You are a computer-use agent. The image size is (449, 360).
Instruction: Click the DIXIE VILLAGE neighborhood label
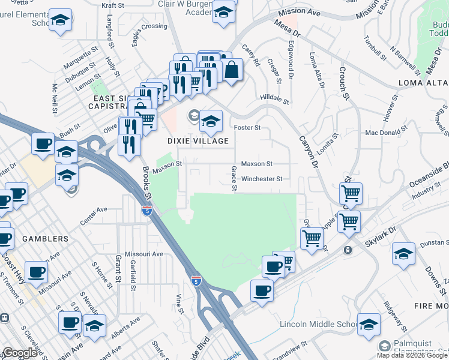[x=197, y=141]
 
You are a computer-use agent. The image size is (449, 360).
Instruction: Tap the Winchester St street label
[x=262, y=179]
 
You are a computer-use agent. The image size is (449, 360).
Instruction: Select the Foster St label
[x=247, y=127]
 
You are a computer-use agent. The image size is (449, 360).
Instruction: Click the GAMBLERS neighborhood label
[x=45, y=239]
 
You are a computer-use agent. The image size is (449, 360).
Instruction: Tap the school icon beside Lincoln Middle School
[x=369, y=323]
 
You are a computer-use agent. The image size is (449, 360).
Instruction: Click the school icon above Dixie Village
[x=211, y=121]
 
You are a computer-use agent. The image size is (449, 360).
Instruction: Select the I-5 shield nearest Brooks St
[x=146, y=210]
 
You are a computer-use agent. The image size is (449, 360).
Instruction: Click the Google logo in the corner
[x=20, y=353]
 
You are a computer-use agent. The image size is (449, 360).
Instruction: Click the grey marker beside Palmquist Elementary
[x=384, y=346]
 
